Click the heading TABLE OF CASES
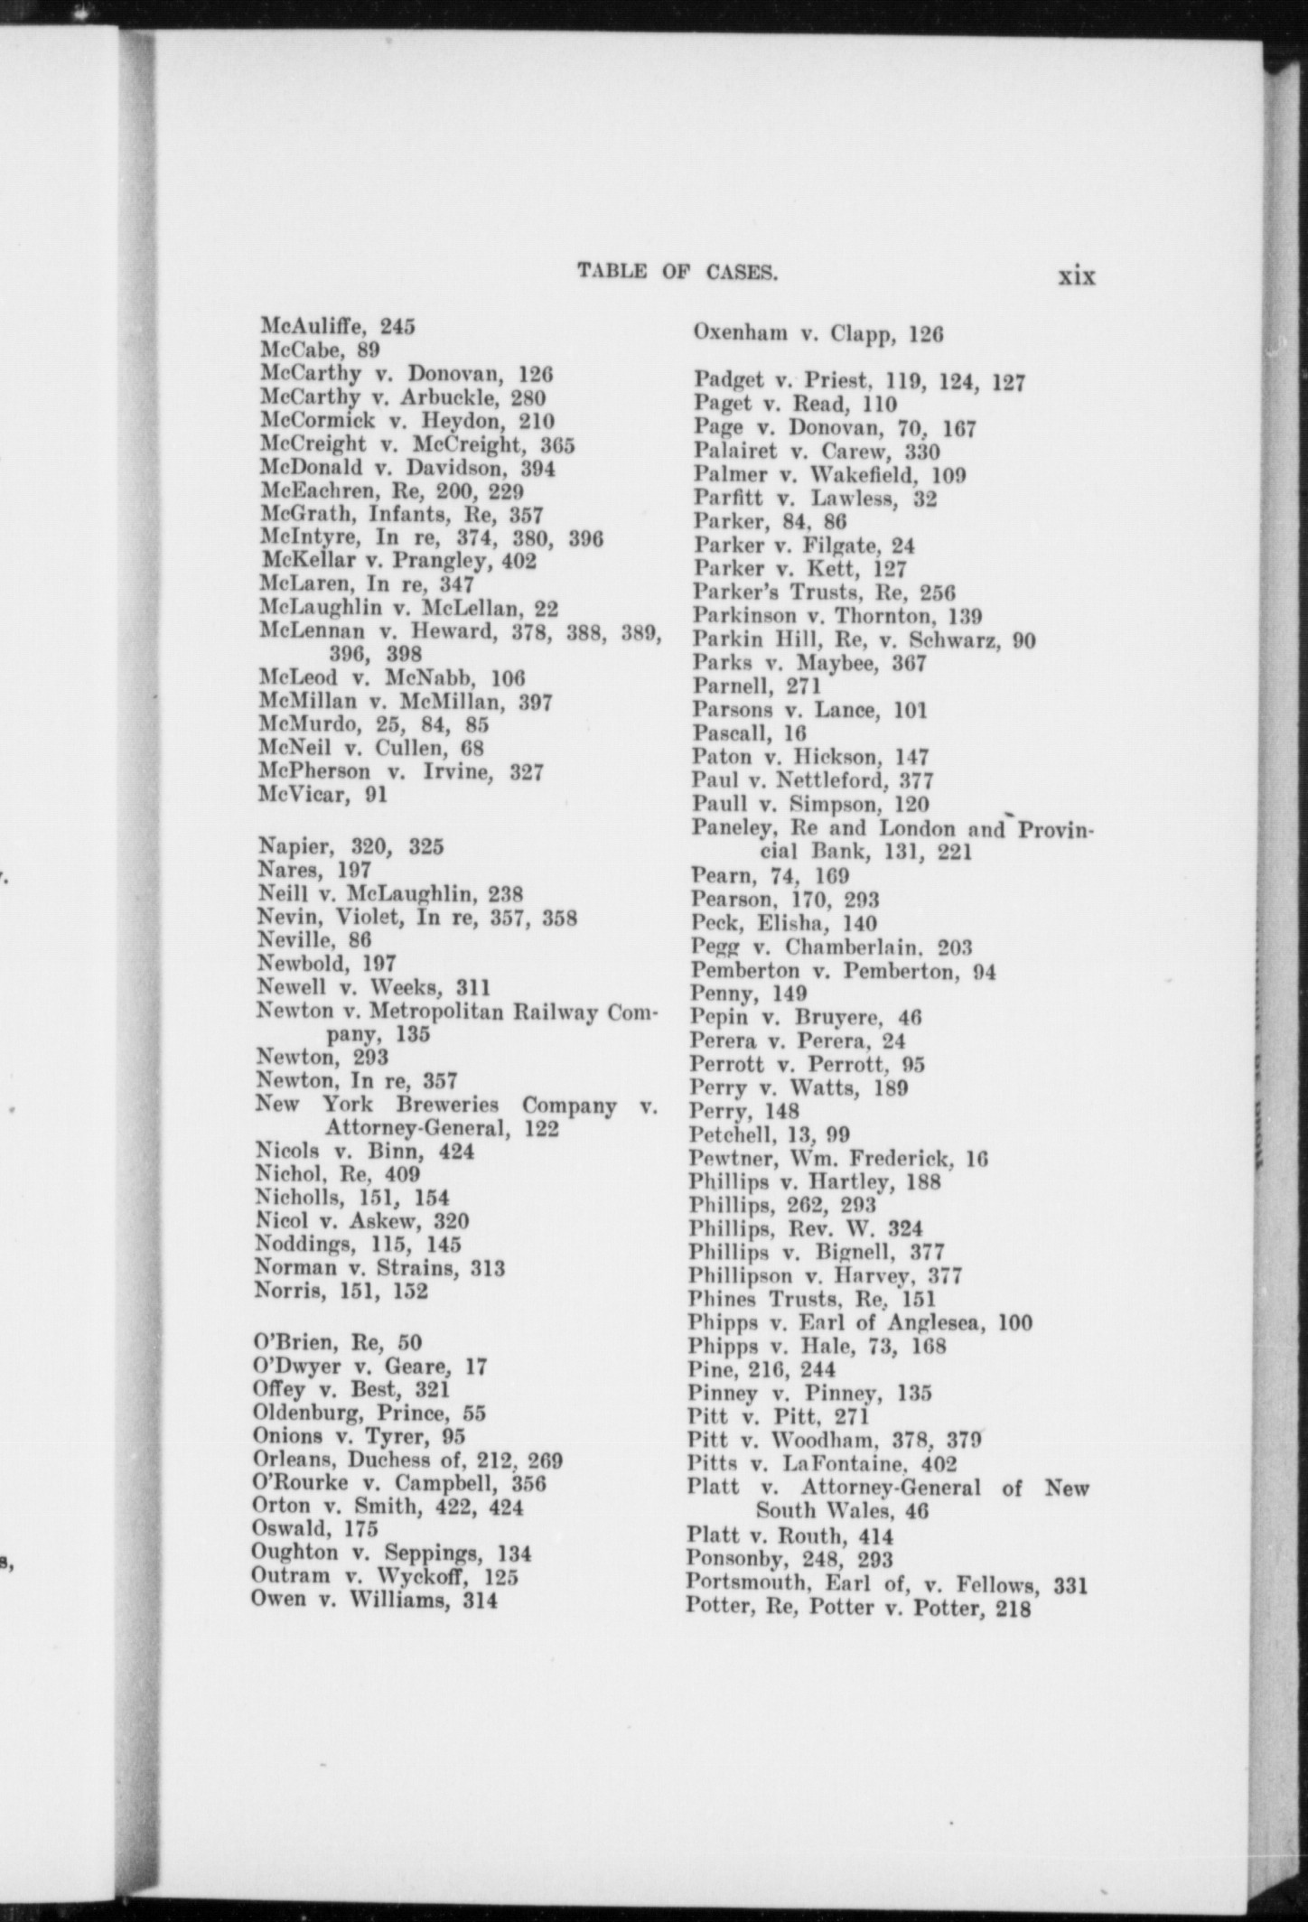[677, 271]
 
